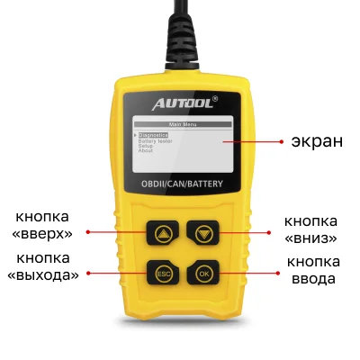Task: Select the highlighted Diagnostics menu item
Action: [153, 135]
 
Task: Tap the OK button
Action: [203, 273]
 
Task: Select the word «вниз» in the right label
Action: [310, 238]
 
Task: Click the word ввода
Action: [312, 279]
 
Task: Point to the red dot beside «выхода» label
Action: [86, 270]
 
